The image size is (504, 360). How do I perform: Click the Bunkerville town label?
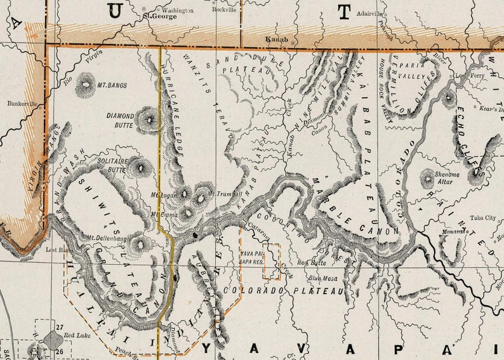23,103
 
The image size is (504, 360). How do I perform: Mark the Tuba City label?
482,217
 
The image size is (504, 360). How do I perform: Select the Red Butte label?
311,262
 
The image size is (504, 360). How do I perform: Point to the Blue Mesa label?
322,277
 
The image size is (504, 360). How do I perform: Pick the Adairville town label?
370,13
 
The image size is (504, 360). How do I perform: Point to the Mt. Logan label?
162,194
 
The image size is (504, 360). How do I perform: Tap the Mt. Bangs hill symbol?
84,85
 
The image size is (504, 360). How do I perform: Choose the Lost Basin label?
56,250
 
